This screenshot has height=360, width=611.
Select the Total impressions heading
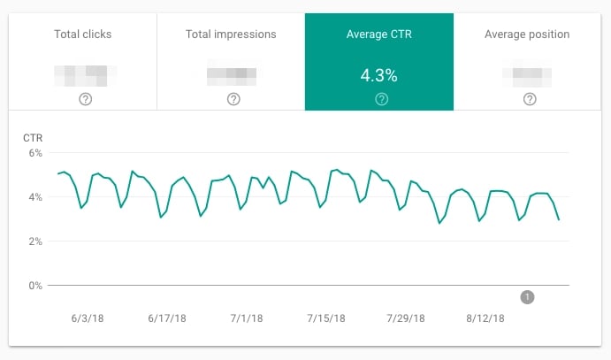click(231, 34)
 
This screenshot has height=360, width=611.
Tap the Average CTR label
click(379, 34)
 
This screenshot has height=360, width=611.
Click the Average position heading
click(527, 34)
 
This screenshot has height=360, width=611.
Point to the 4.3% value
click(379, 75)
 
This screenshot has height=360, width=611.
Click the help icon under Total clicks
click(85, 99)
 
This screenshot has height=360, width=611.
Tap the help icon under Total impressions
click(233, 99)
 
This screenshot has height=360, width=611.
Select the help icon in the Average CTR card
click(381, 99)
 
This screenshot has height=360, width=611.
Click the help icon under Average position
click(529, 99)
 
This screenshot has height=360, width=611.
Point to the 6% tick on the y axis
click(35, 153)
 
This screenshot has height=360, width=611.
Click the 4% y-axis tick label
click(35, 197)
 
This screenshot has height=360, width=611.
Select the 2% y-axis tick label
click(35, 241)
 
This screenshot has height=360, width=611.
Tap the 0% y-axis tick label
click(35, 286)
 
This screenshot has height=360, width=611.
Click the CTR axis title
click(32, 137)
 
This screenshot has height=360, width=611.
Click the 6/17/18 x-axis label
click(164, 318)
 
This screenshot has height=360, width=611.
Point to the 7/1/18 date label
click(246, 318)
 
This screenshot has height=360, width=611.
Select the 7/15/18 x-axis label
click(326, 318)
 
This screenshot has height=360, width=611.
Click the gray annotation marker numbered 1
click(528, 297)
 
